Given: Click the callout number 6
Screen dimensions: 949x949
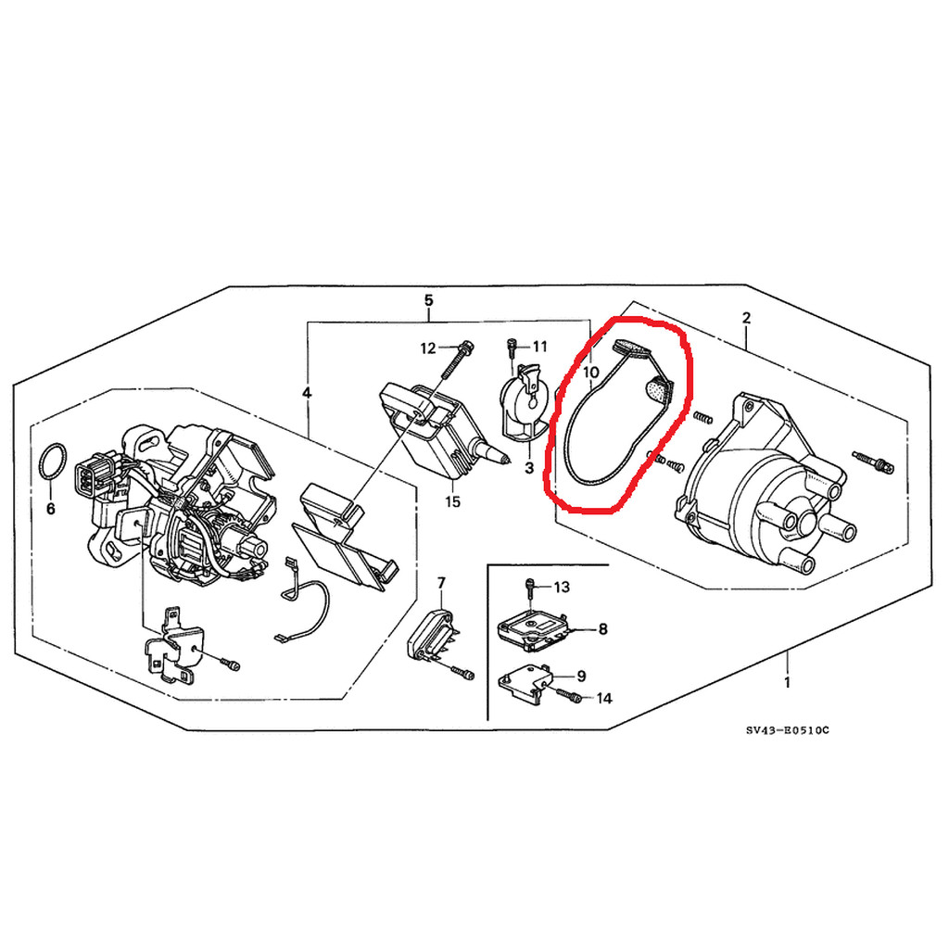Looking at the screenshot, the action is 51,509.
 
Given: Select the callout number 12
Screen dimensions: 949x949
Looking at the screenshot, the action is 428,348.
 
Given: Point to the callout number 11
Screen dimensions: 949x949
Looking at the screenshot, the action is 539,347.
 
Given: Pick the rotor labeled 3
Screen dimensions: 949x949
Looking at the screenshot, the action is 525,402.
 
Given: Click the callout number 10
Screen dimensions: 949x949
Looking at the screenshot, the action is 591,373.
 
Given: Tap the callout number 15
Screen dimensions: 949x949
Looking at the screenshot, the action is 452,501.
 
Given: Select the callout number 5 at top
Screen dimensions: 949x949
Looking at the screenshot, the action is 428,300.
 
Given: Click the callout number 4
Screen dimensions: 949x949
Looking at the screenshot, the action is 307,393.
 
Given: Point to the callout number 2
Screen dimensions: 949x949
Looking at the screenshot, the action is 746,318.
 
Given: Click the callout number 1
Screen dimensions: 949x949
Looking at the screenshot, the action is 787,683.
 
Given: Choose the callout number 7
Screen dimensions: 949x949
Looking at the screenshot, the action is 441,583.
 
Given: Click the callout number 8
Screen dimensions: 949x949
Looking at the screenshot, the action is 602,629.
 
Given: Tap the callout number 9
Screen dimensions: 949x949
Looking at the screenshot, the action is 581,676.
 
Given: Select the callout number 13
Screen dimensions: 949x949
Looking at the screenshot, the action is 562,587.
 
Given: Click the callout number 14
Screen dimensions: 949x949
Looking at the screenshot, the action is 604,699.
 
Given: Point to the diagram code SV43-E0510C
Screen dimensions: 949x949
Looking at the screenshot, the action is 788,730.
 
